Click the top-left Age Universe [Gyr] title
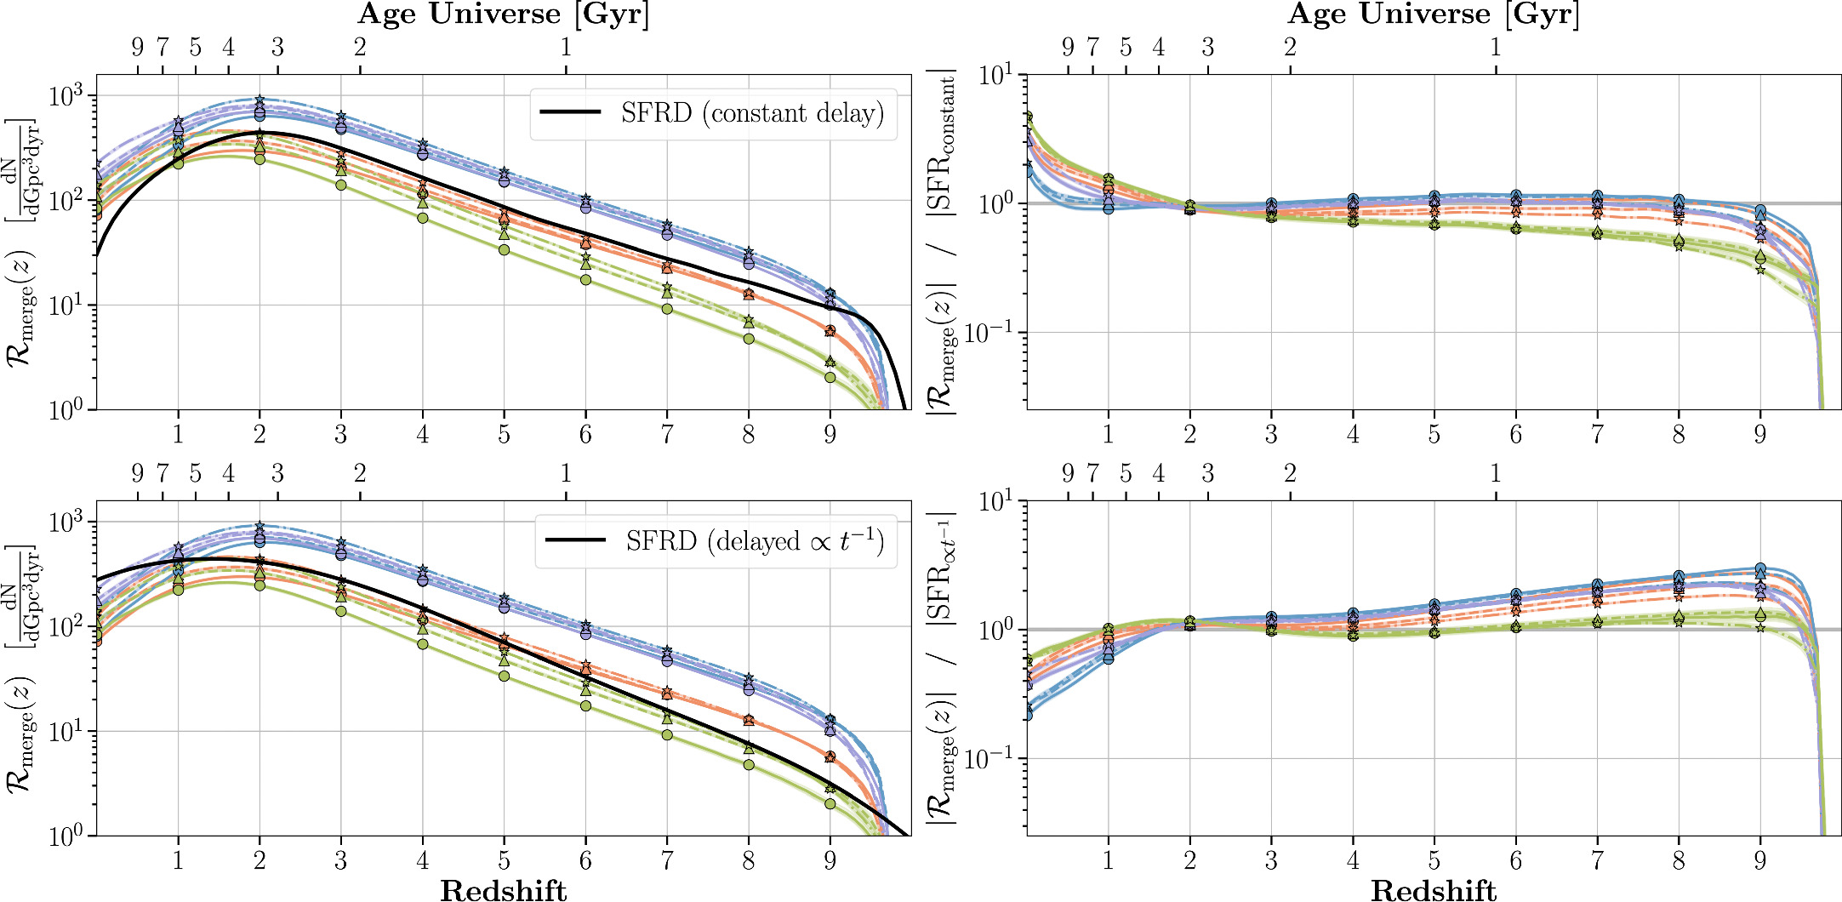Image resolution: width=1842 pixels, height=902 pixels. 504,14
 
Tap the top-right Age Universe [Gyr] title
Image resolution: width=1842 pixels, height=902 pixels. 1434,14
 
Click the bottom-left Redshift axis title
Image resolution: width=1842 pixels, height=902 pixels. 504,890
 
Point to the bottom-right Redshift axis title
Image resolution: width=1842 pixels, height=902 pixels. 1434,890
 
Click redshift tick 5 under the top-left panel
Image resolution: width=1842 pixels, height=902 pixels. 504,435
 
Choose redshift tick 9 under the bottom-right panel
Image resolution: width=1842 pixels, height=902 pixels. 1759,860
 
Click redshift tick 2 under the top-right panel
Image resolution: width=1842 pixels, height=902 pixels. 1189,435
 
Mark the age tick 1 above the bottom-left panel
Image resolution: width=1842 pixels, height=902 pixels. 566,473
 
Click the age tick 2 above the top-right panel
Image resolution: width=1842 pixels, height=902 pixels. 1290,47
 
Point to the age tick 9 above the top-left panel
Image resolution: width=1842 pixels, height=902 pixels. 138,47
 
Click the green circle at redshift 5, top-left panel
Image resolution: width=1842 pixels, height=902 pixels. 504,250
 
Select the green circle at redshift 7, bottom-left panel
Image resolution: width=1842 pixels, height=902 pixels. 667,734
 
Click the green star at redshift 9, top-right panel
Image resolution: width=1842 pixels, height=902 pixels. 1760,270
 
